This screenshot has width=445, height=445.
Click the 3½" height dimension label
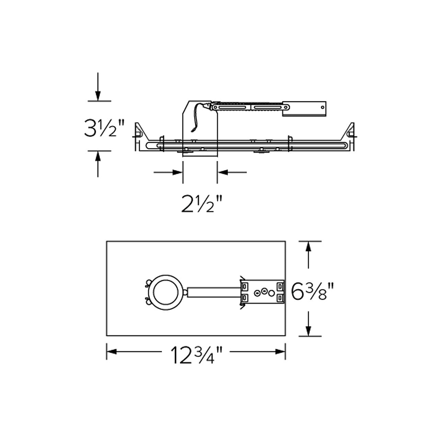coord(104,128)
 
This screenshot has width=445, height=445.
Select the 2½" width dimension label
coord(202,204)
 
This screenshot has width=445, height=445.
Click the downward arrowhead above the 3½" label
coord(98,96)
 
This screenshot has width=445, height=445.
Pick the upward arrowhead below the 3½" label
coord(98,156)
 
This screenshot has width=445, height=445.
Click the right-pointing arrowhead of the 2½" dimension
coord(178,172)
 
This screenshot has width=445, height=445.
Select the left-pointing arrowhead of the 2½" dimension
coord(222,172)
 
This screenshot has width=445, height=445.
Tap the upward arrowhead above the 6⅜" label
coord(308,246)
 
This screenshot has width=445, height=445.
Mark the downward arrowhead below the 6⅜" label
coord(308,331)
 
